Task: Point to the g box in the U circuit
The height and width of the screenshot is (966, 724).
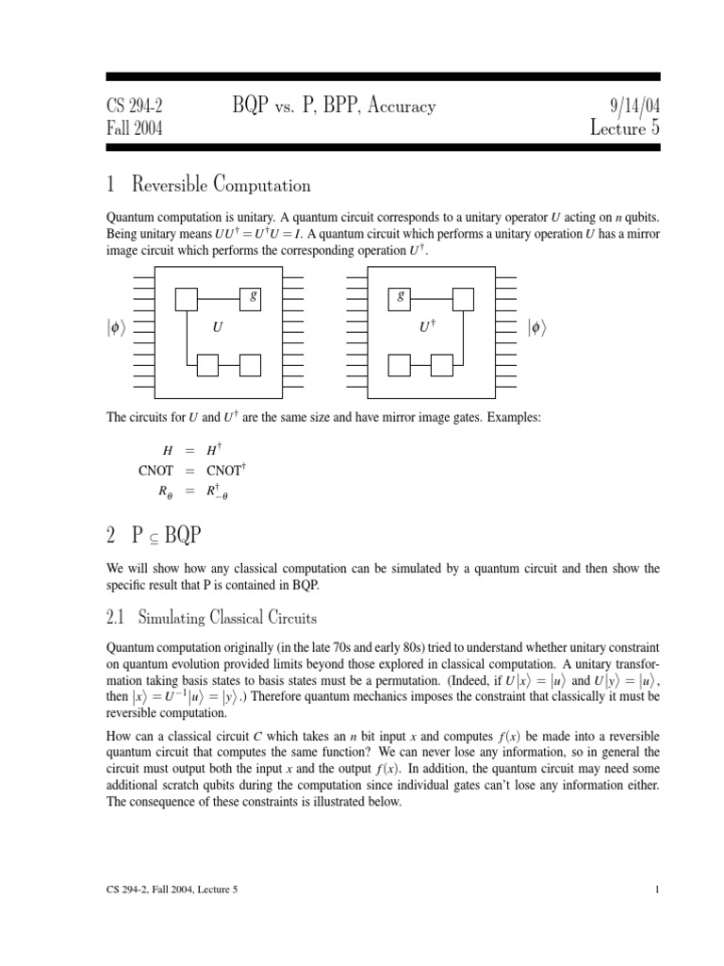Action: click(251, 298)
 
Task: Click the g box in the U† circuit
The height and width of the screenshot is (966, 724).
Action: click(403, 298)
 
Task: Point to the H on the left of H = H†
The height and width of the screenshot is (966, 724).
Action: click(168, 451)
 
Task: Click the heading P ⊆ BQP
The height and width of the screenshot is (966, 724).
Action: click(155, 536)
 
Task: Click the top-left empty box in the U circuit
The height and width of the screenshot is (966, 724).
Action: click(186, 298)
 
